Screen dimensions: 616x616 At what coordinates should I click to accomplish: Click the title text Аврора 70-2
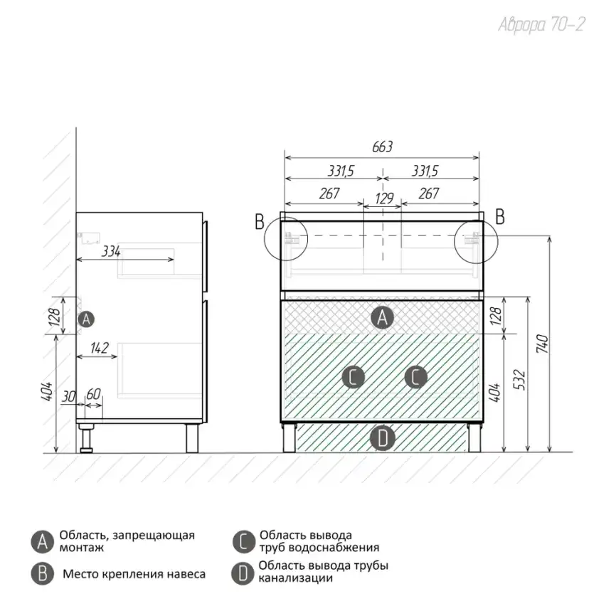(542, 25)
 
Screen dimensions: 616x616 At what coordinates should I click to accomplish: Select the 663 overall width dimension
(382, 147)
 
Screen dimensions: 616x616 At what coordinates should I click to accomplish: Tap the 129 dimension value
(384, 198)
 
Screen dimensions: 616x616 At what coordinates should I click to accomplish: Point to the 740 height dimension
(542, 344)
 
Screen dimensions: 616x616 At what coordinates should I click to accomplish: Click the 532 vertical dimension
(519, 380)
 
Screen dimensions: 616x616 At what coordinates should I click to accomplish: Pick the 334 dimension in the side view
(111, 251)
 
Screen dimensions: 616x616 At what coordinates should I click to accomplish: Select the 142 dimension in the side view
(99, 348)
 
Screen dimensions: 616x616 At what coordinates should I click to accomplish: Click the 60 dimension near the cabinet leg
(93, 393)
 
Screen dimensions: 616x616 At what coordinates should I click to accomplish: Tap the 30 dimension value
(68, 396)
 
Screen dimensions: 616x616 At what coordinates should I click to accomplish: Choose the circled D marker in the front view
(383, 438)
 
